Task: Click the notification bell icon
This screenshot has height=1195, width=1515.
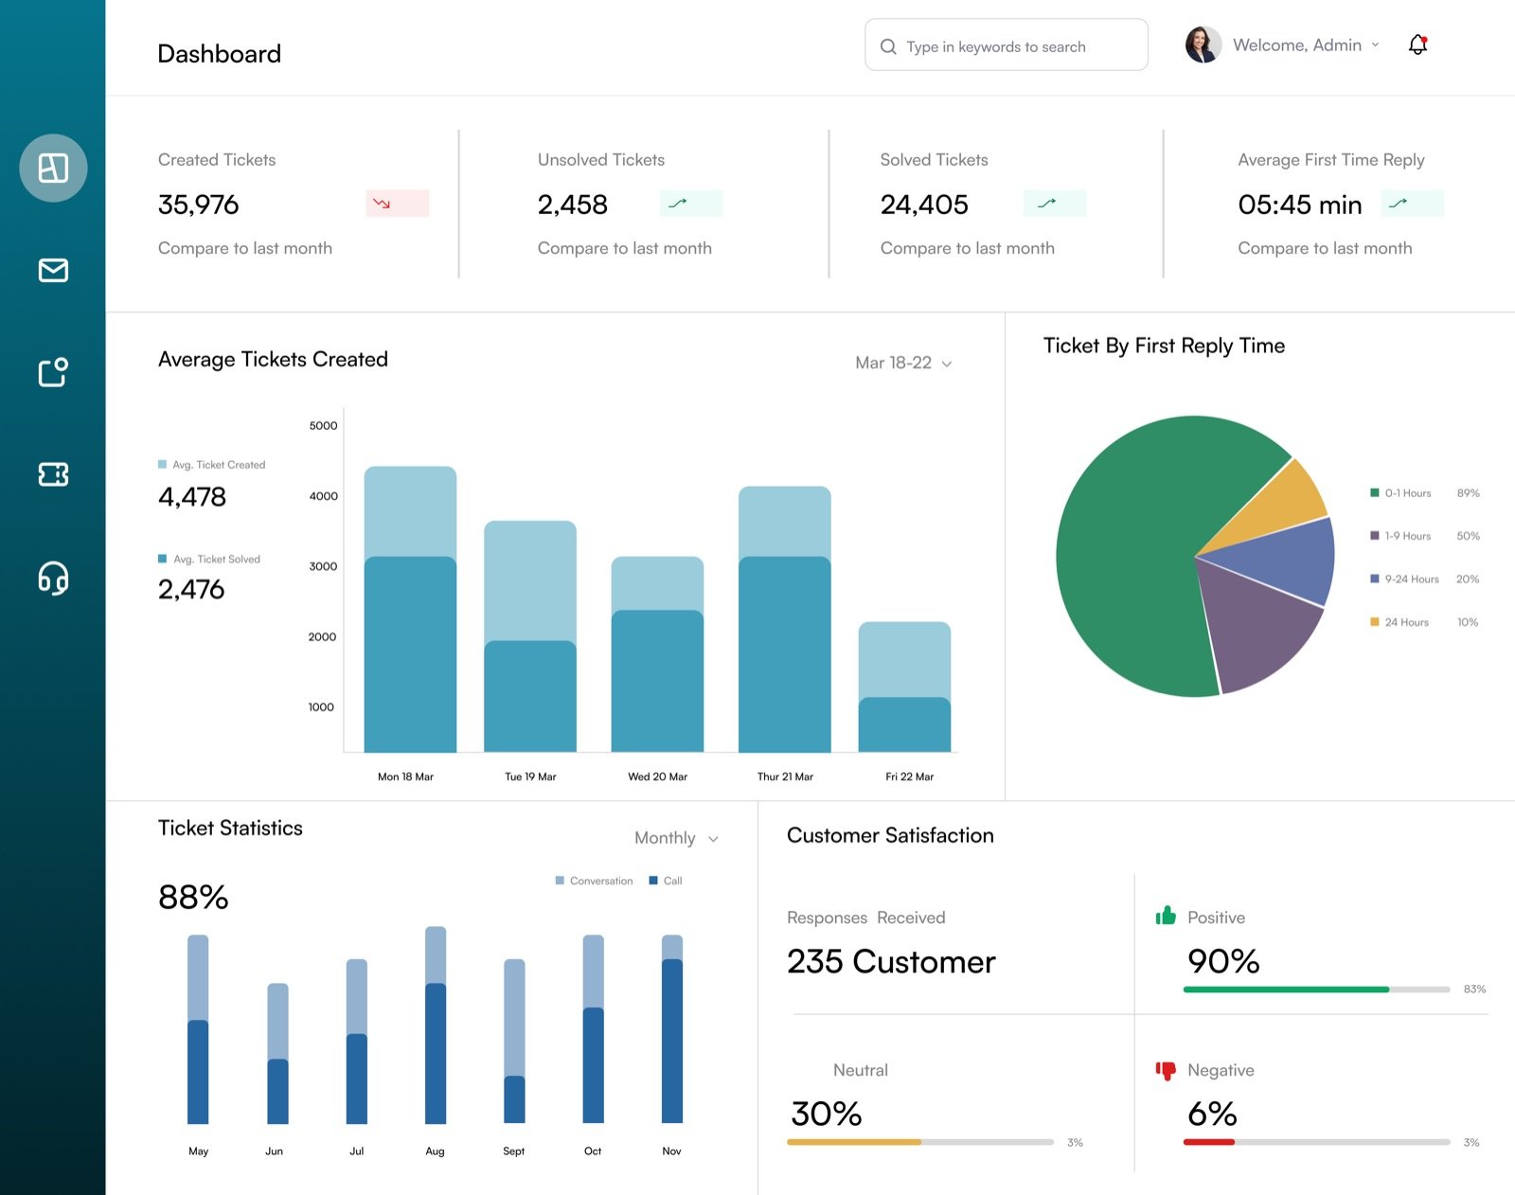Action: [x=1417, y=45]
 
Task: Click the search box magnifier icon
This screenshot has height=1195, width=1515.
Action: [x=888, y=46]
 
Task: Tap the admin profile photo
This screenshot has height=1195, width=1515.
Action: [x=1203, y=45]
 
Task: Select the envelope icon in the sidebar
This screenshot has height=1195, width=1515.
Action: [x=54, y=270]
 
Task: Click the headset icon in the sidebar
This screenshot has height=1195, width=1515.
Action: [x=54, y=578]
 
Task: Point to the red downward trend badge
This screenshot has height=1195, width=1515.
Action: [x=397, y=204]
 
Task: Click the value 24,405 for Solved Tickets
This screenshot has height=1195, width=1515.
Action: [x=923, y=205]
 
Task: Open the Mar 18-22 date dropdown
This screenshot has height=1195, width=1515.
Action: [x=903, y=363]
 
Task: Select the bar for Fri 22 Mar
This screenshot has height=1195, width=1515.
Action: [x=904, y=687]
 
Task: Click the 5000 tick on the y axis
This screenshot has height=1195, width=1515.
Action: [x=323, y=425]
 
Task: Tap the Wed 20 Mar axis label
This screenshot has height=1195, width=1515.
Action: [x=657, y=776]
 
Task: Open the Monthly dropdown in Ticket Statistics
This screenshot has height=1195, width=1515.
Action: [x=676, y=838]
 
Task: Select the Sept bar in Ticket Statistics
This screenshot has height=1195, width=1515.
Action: [x=514, y=1041]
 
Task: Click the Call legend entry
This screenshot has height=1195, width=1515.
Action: [x=666, y=881]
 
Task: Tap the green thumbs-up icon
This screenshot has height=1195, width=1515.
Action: [x=1166, y=915]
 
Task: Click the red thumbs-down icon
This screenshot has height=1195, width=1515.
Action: [x=1166, y=1071]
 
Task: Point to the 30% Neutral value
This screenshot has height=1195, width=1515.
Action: [x=826, y=1114]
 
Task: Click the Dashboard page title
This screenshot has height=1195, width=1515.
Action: [x=219, y=54]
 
